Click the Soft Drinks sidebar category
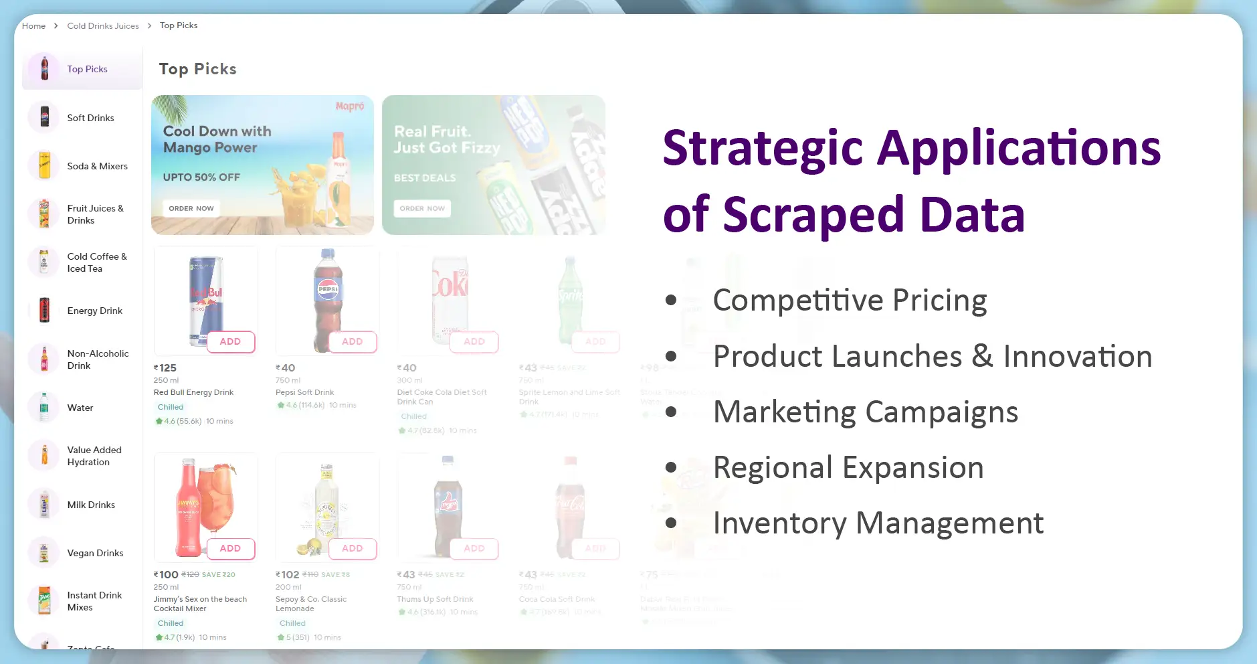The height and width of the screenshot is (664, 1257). coord(90,118)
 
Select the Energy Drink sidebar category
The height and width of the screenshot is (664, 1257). coord(94,311)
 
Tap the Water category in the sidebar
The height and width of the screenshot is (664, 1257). coord(80,408)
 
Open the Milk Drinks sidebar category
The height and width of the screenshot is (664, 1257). coord(91,505)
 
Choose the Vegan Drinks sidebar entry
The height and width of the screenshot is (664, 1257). coord(95,553)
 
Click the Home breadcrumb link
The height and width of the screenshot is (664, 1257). coord(33,26)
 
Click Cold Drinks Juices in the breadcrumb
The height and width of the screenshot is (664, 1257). coord(103,26)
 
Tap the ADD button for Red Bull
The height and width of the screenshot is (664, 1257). coord(230,341)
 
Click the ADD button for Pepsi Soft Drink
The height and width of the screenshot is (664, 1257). coord(352,341)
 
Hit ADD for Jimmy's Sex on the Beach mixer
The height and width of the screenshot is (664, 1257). coord(230,548)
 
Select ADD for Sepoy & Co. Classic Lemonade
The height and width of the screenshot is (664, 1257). coord(352,548)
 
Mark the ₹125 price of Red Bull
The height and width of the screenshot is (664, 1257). coord(165,367)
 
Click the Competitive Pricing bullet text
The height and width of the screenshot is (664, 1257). coord(850,300)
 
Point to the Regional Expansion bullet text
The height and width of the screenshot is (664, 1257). coord(848,467)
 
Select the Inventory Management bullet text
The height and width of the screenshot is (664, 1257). coord(878,523)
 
